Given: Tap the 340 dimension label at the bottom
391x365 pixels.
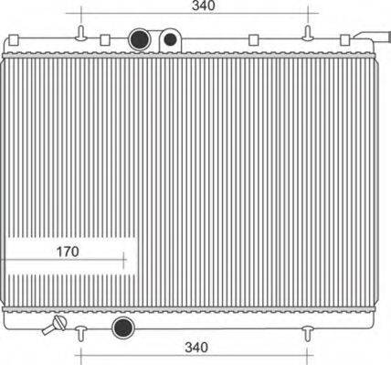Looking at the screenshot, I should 196,347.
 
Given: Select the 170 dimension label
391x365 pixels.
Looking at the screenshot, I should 68,250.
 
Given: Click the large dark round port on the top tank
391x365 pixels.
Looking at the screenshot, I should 140,39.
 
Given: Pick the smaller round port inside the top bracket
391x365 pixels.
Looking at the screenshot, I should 170,41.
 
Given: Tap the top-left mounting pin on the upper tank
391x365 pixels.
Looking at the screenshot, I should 81,35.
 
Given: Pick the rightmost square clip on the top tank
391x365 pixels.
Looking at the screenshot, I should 345,40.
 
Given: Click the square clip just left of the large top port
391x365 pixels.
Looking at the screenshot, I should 105,40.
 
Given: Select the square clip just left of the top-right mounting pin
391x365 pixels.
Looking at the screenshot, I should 254,40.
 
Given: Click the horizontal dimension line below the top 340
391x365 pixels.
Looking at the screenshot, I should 200,16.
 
